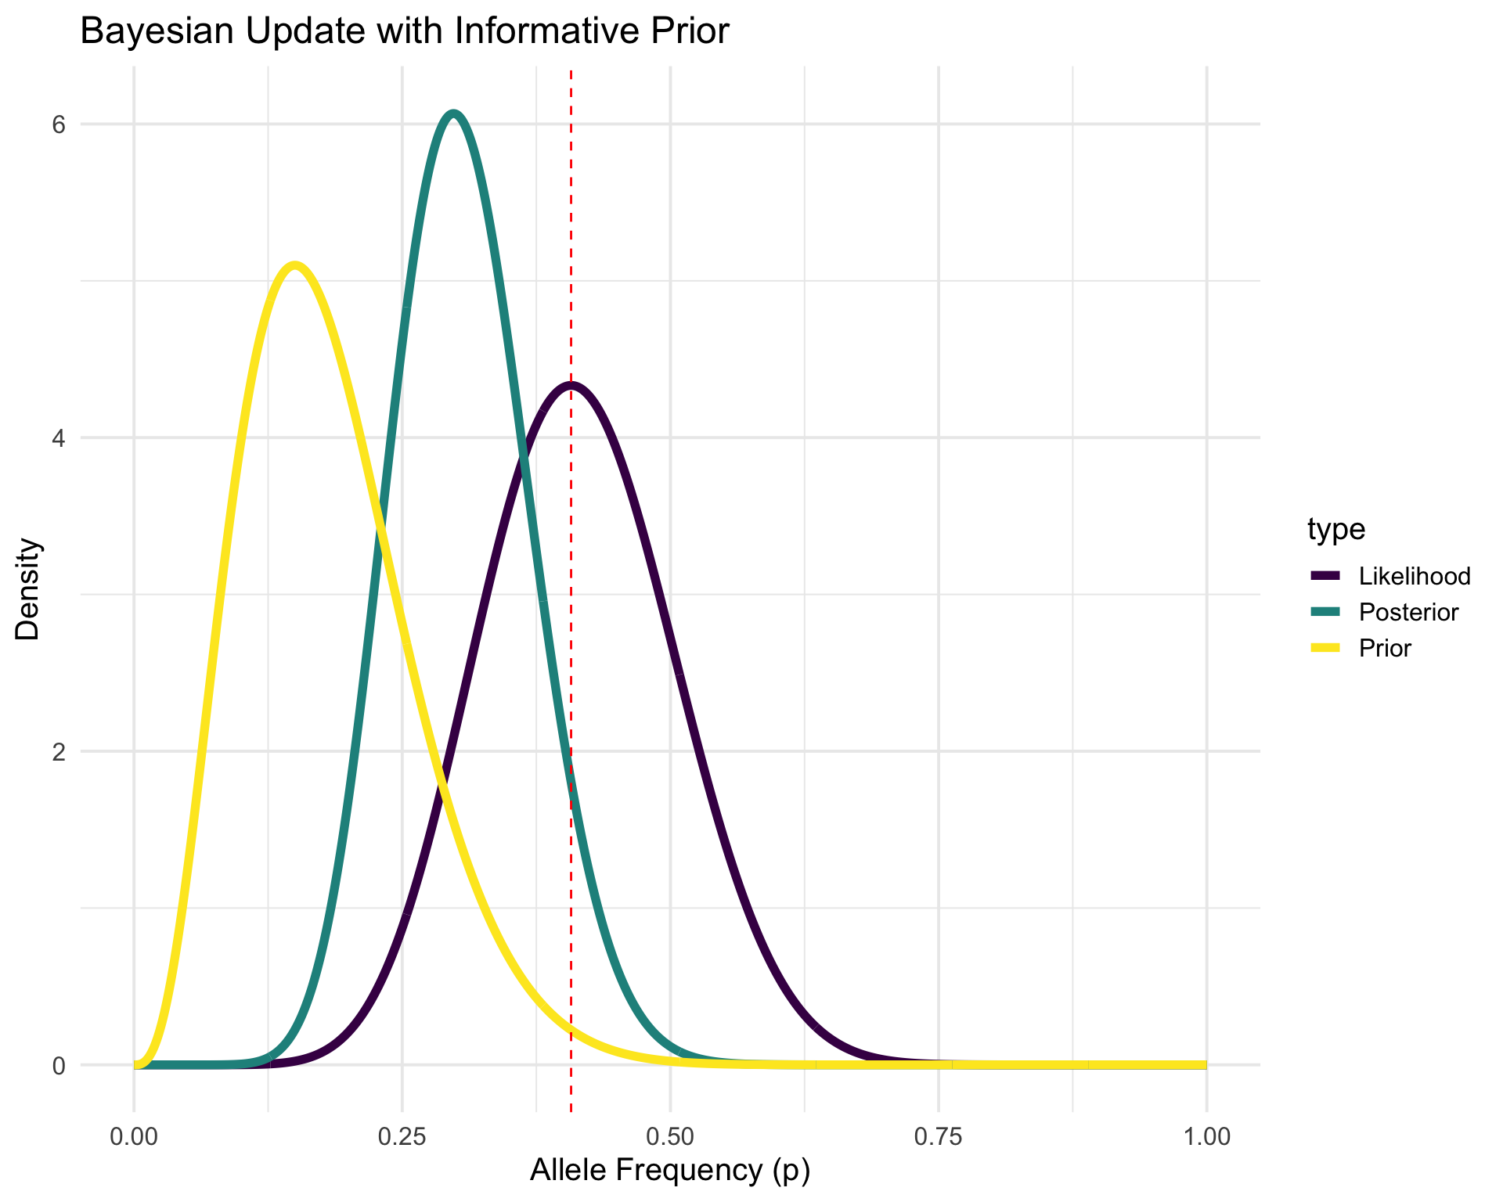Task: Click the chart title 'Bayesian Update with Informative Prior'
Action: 404,32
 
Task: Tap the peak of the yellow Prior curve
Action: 294,266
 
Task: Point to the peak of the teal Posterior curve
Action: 453,114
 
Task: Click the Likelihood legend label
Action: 1415,576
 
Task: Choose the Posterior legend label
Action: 1408,612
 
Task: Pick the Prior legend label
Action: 1385,648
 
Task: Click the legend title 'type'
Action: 1335,530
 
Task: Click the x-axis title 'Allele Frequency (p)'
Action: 670,1170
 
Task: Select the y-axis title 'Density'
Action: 29,588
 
